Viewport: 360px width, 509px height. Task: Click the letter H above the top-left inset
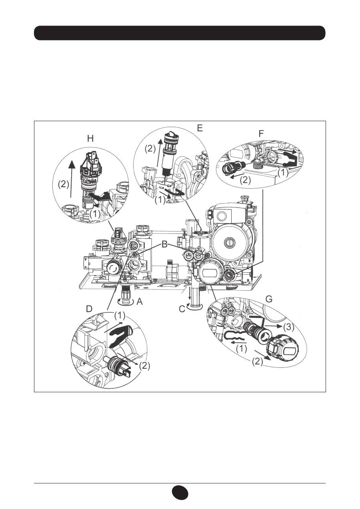click(x=90, y=139)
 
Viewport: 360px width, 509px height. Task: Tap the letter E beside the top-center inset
click(x=200, y=128)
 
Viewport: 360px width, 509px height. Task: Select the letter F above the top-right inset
click(x=261, y=134)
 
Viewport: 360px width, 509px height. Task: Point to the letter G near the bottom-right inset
click(x=269, y=299)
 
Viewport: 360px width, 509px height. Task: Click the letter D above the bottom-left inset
click(x=89, y=309)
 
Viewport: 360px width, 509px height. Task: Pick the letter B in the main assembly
click(x=164, y=245)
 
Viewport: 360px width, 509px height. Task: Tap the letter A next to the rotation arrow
click(x=140, y=302)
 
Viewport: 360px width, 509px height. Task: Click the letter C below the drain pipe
click(x=182, y=309)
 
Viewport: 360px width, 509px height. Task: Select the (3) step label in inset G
click(x=288, y=327)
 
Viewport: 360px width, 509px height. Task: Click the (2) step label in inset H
click(x=64, y=184)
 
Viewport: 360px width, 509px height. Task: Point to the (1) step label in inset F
click(x=283, y=173)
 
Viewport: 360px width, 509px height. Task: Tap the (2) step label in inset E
click(x=150, y=149)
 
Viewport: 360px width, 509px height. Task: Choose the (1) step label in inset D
click(x=120, y=315)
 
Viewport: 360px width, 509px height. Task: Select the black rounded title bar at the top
click(x=180, y=33)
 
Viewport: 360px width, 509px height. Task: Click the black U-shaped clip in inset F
click(x=290, y=159)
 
